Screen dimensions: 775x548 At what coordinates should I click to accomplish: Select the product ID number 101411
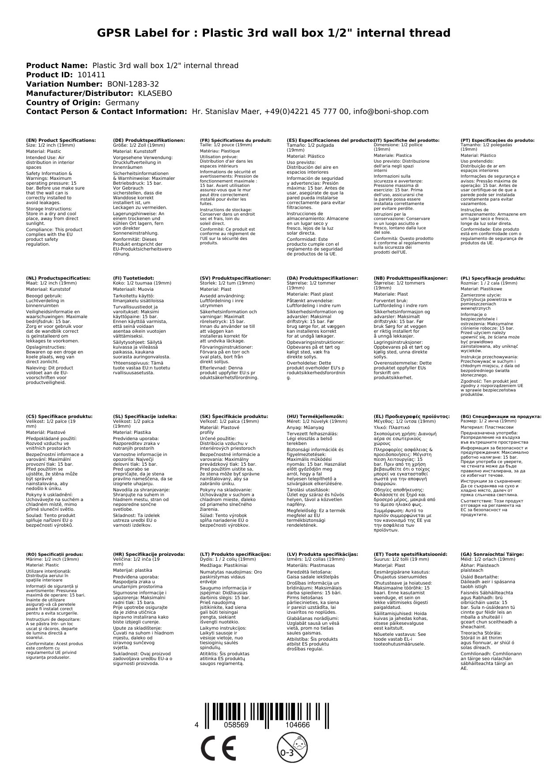[x=91, y=75]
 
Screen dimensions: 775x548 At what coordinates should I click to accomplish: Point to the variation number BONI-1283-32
[x=133, y=84]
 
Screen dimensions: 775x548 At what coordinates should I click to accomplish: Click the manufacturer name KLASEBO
[x=155, y=94]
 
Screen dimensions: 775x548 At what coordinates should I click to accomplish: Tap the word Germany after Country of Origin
[x=122, y=103]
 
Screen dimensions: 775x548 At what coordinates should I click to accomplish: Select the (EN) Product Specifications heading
[x=61, y=141]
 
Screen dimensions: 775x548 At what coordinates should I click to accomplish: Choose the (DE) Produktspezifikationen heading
[x=149, y=141]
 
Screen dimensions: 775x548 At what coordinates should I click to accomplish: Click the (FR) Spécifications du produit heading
[x=235, y=141]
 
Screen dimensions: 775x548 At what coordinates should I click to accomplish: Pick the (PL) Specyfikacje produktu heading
[x=493, y=278]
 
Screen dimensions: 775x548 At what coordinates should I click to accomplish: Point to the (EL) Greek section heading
[x=412, y=416]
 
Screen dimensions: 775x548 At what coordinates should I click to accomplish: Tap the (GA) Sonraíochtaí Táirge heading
[x=492, y=554]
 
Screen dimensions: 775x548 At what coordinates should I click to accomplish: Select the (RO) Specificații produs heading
[x=54, y=554]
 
